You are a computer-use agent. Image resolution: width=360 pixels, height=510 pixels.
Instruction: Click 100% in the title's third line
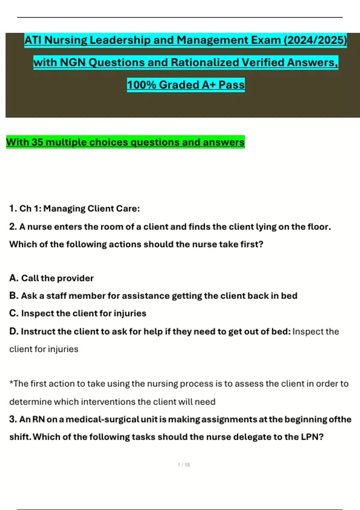[141, 85]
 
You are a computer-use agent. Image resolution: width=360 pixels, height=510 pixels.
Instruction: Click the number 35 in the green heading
[37, 142]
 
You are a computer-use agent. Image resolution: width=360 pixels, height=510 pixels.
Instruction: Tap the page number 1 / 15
[184, 465]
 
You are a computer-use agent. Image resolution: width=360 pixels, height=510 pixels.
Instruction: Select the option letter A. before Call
[14, 278]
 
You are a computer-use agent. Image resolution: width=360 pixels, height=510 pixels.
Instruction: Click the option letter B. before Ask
[14, 296]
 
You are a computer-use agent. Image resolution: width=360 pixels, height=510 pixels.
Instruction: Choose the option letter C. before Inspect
[14, 313]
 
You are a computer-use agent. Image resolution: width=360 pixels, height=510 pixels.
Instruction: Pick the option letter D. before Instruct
[14, 331]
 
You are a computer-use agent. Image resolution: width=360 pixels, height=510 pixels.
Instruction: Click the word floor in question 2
[319, 227]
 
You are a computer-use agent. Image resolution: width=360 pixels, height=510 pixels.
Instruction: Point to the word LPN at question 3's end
[310, 437]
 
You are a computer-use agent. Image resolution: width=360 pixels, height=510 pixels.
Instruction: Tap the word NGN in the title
[73, 62]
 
